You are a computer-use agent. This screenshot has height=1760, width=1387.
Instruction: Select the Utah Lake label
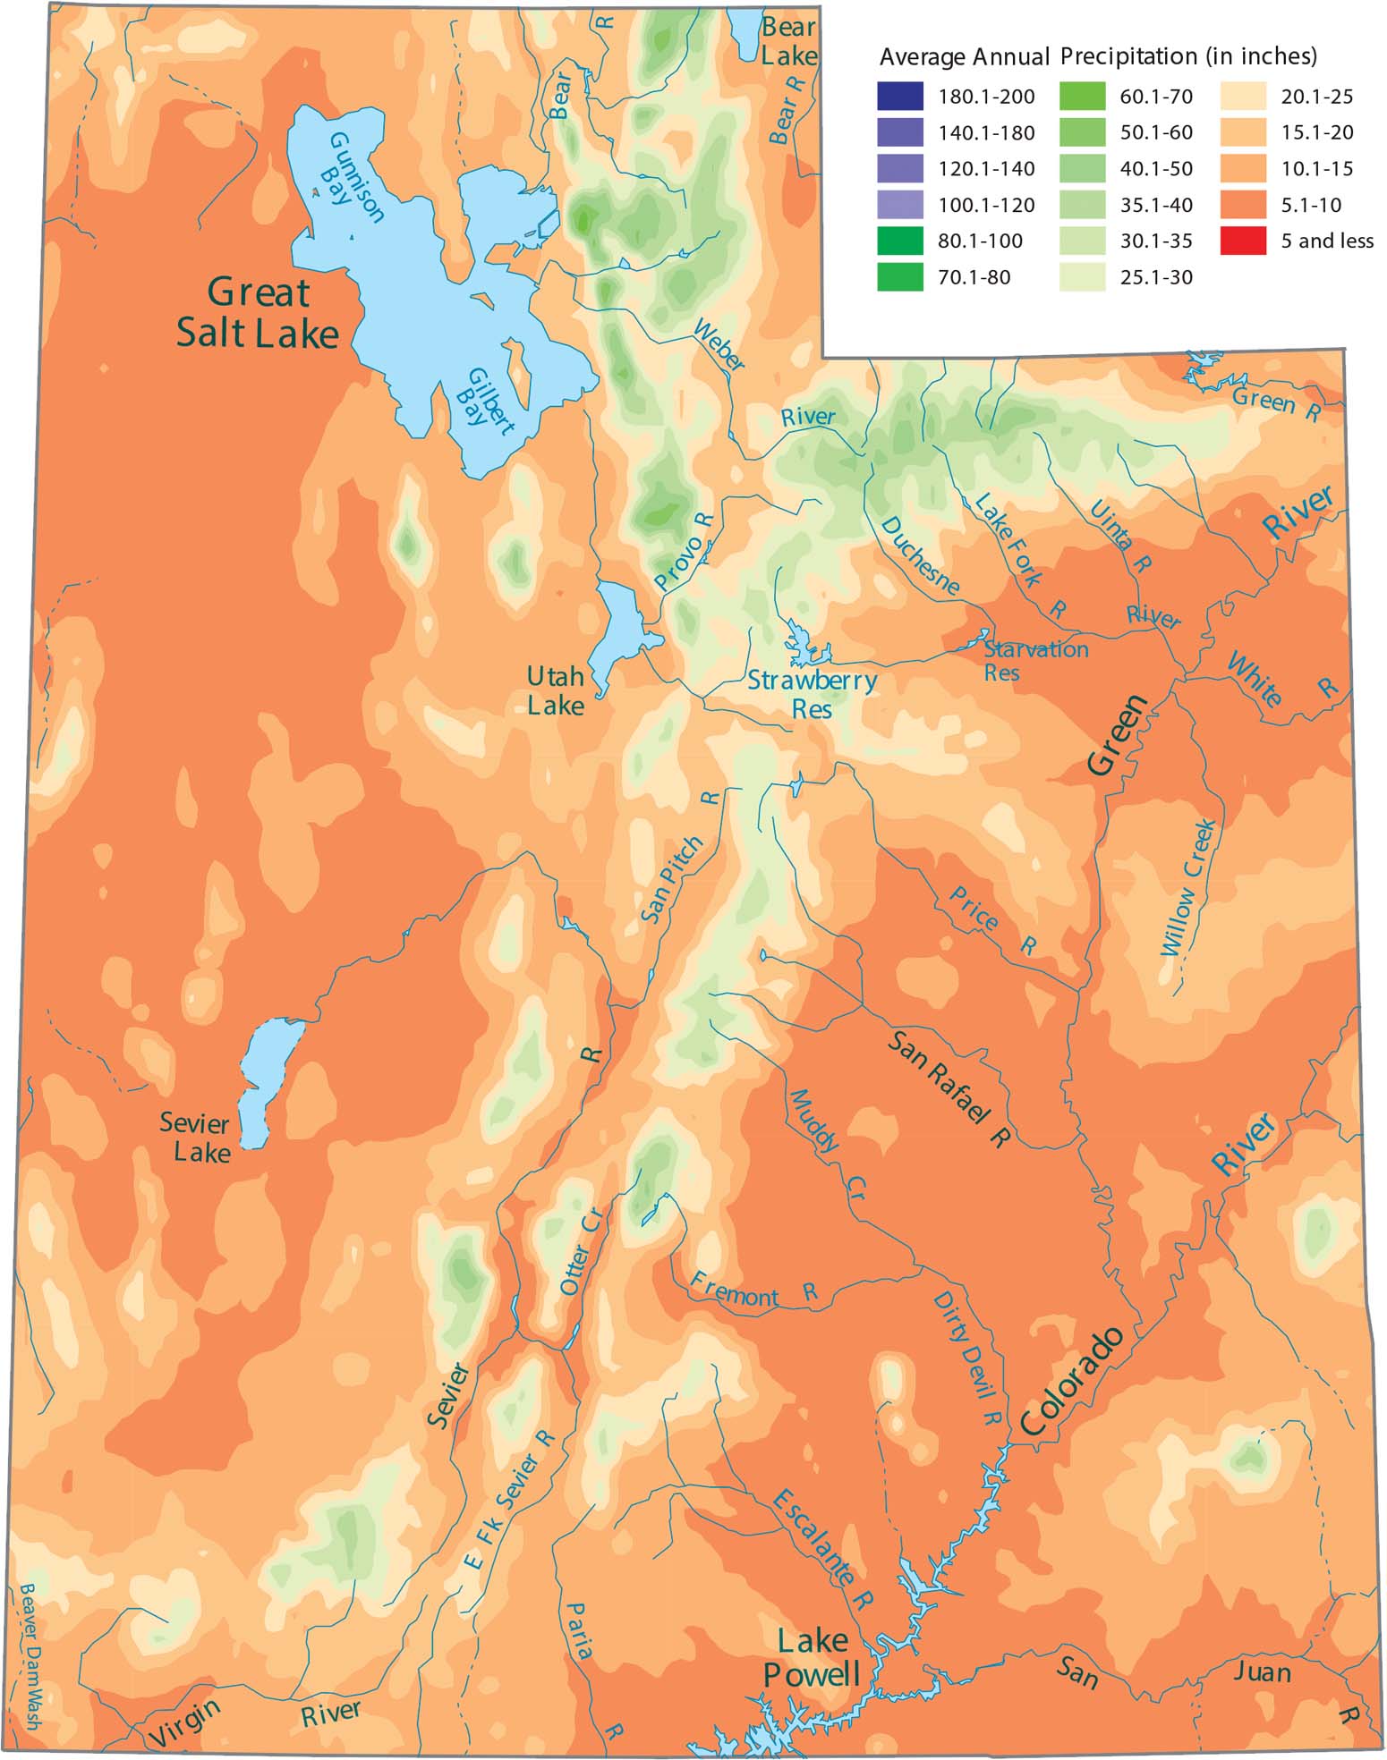[x=555, y=690]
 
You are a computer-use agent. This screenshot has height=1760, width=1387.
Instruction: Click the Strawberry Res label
[x=812, y=695]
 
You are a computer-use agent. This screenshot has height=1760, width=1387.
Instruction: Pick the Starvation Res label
[x=1035, y=660]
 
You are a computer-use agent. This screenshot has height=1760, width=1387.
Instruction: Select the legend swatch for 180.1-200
[x=900, y=96]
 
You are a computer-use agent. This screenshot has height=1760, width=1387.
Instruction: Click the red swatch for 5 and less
[x=1243, y=241]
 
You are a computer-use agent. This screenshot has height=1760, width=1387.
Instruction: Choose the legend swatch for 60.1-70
[x=1082, y=96]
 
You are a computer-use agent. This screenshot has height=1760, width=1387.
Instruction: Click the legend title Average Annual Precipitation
[x=1098, y=56]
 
